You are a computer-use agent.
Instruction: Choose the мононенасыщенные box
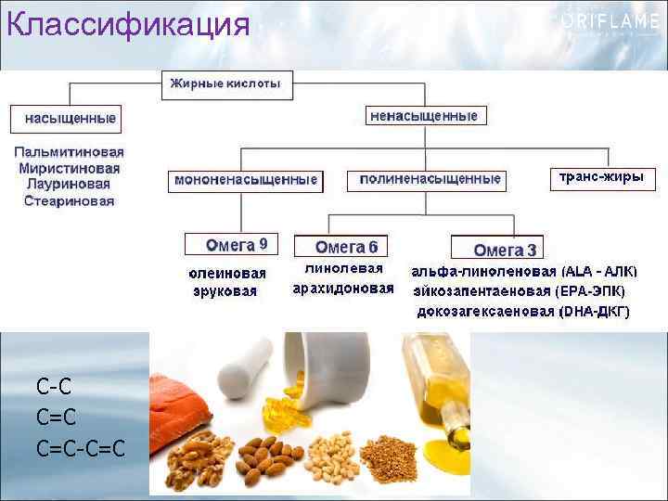click(x=246, y=180)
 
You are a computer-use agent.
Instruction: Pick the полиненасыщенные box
click(x=430, y=179)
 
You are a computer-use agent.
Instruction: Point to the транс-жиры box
click(x=601, y=177)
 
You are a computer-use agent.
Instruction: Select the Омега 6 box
click(x=342, y=247)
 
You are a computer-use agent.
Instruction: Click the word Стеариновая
click(x=69, y=200)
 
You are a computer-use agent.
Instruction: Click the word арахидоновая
click(x=343, y=289)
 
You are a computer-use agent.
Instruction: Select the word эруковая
click(x=225, y=290)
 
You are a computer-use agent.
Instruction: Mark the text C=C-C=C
click(x=80, y=450)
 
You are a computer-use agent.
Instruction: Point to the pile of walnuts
click(x=198, y=461)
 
